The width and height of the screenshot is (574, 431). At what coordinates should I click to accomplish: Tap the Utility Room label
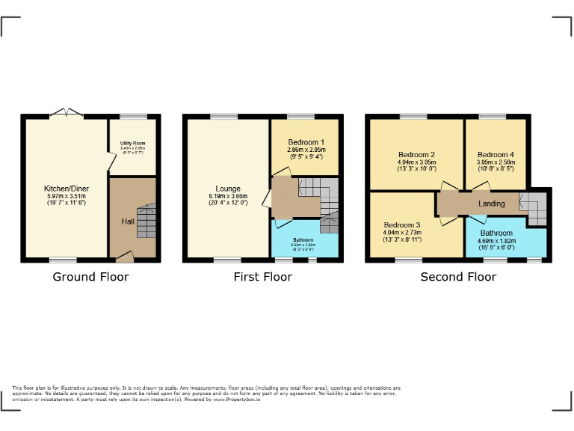(x=133, y=143)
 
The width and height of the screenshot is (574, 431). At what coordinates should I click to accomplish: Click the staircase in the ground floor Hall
(x=146, y=221)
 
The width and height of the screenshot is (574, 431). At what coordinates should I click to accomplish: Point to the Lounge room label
(x=227, y=189)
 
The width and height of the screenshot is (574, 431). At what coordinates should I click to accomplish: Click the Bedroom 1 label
(x=305, y=142)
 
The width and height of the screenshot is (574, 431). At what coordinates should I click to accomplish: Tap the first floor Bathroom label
(x=303, y=240)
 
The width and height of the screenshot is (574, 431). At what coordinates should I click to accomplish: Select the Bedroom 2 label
(x=416, y=155)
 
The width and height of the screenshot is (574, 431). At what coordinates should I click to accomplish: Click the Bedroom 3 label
(x=402, y=225)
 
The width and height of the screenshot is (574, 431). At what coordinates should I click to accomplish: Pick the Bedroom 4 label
(x=497, y=155)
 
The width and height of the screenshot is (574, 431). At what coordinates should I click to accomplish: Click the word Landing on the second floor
(x=491, y=204)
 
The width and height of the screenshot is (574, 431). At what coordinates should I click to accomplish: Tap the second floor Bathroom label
(x=496, y=233)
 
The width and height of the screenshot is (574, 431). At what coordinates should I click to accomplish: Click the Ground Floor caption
(x=90, y=277)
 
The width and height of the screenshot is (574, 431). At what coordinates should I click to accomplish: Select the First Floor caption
(x=257, y=277)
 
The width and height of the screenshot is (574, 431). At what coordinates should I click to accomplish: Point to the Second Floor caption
(x=458, y=277)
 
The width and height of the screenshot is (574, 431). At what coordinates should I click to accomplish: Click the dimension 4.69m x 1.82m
(x=496, y=242)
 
